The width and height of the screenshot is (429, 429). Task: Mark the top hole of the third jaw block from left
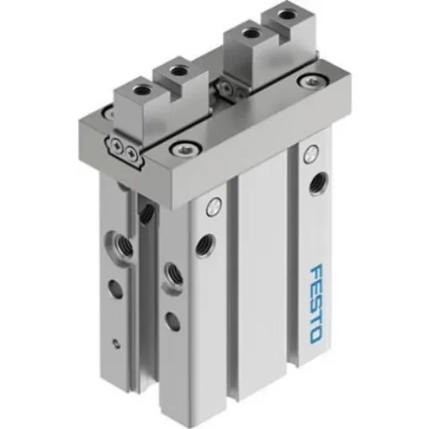point(248,35)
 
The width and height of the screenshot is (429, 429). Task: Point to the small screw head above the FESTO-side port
point(310,154)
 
